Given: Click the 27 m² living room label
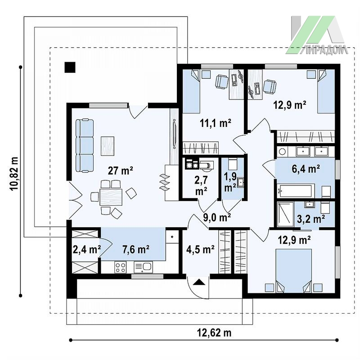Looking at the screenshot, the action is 120,171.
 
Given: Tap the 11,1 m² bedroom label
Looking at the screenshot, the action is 216,123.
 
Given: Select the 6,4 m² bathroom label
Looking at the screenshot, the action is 306,169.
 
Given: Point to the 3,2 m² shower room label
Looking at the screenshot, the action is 311,219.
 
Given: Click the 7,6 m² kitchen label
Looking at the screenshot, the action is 136,249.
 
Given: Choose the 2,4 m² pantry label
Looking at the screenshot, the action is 87,249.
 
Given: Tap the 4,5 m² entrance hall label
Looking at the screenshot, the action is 200,249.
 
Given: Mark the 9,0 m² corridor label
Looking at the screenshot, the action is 217,217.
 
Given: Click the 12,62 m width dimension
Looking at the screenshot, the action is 214,333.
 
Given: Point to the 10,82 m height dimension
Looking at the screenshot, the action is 14,174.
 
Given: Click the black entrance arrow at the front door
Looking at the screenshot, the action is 199,282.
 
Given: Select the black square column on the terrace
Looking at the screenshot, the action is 70,67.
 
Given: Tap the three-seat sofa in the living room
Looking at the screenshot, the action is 85,145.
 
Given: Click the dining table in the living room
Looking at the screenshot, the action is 111,197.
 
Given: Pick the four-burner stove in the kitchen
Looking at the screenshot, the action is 121,267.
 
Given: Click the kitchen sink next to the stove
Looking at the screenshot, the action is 143,267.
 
